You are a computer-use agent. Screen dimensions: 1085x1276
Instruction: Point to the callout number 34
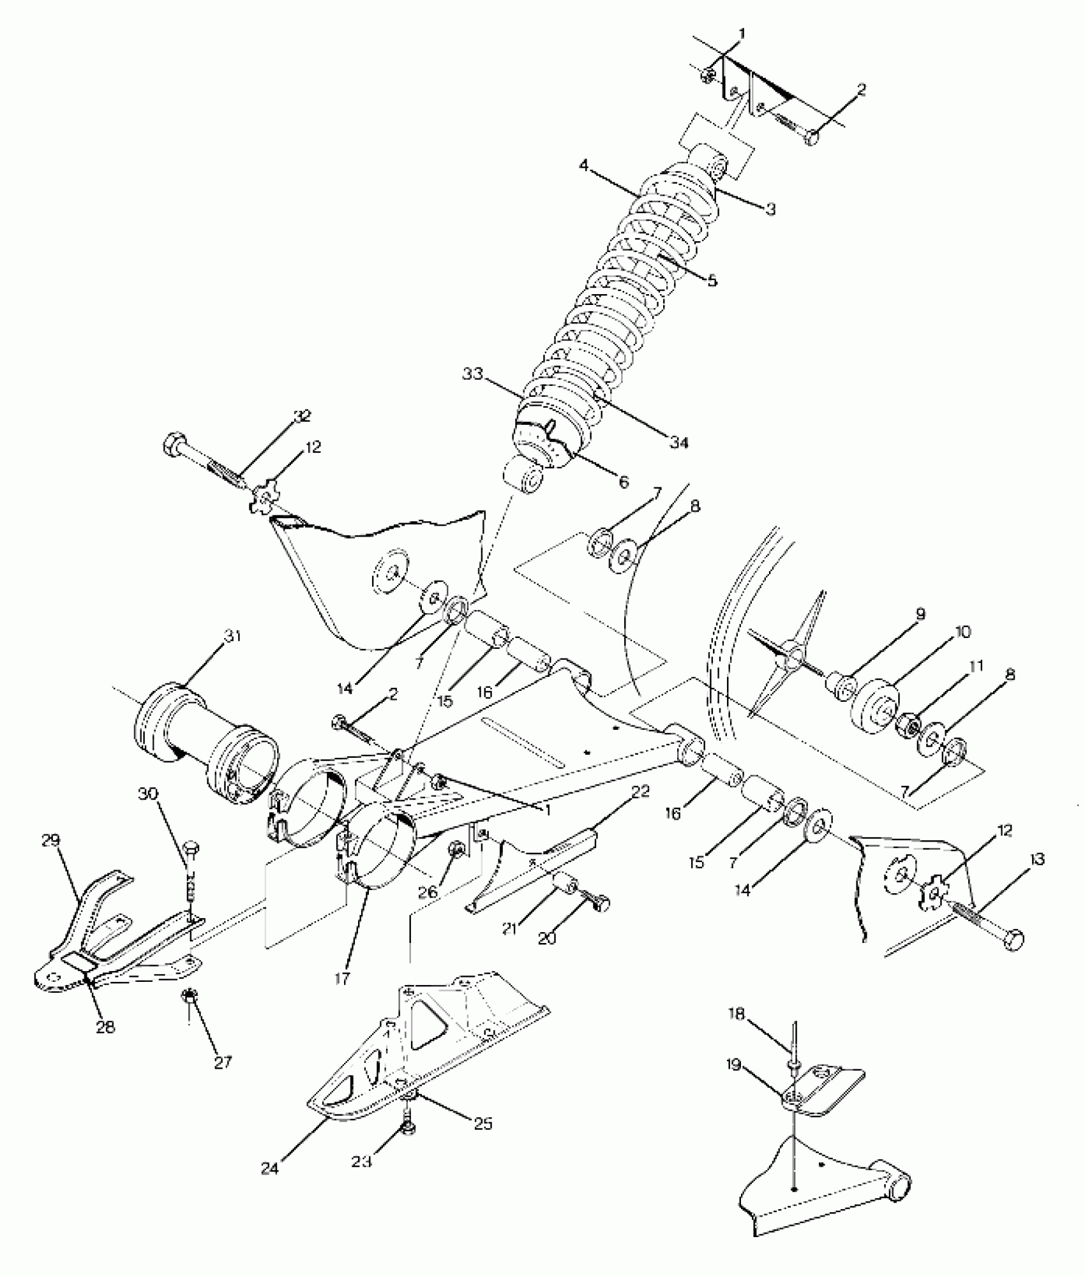pos(679,441)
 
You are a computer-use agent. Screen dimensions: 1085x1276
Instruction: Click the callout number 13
pos(1037,860)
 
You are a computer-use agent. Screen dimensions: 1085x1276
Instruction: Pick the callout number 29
pos(50,841)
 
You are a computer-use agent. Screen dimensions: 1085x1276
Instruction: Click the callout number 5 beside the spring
pos(712,279)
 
